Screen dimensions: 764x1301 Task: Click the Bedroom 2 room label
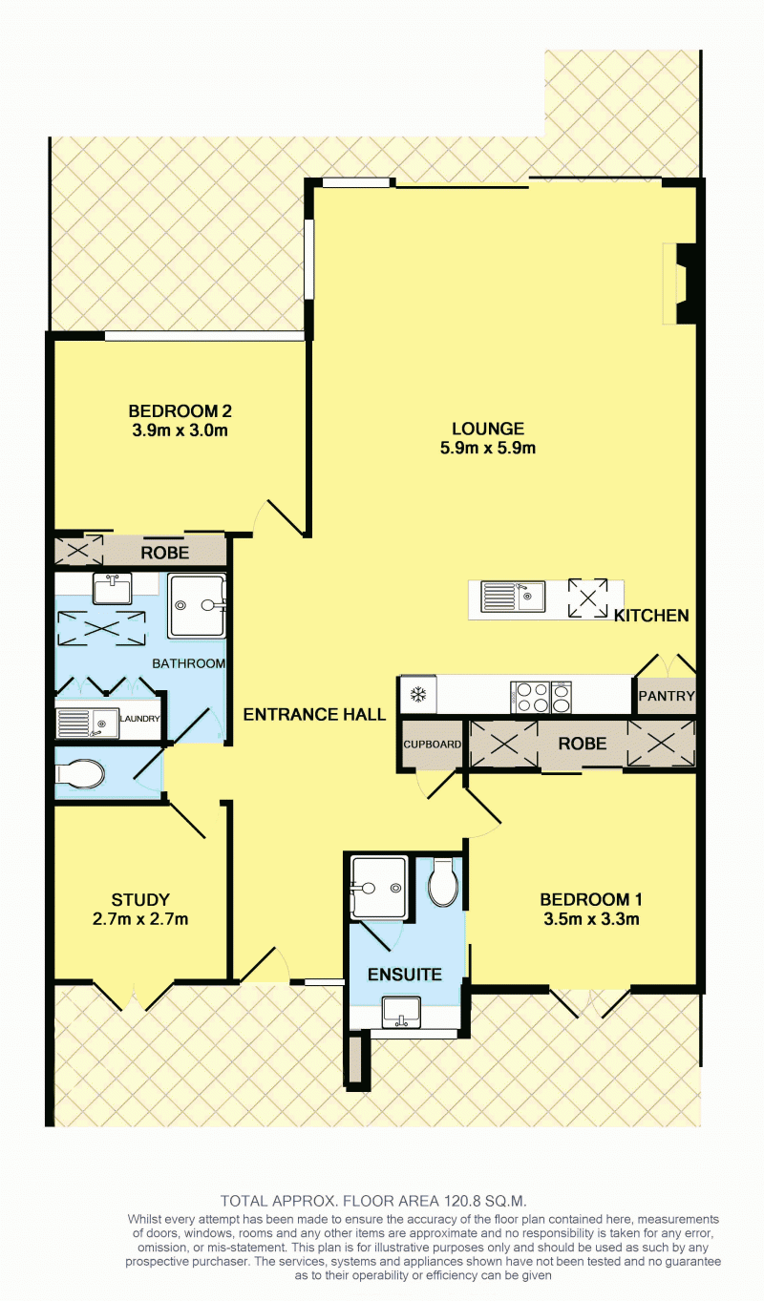(x=180, y=411)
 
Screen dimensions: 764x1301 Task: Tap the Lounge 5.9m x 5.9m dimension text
(x=488, y=449)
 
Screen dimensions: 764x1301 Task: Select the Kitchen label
(x=651, y=616)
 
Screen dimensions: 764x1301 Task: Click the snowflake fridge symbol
(x=417, y=694)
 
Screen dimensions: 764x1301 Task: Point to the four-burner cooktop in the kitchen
(x=530, y=697)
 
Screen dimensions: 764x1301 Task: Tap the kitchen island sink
(x=513, y=596)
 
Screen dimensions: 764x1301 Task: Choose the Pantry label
(x=667, y=695)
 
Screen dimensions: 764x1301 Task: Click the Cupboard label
(x=433, y=744)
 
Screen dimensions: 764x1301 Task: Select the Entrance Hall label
(x=314, y=714)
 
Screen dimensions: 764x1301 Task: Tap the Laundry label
(x=139, y=719)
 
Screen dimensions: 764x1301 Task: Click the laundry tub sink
(x=87, y=724)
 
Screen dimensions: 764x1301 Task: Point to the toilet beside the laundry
(x=80, y=774)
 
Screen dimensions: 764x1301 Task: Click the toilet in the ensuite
(x=443, y=882)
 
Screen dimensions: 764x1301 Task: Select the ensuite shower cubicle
(x=378, y=887)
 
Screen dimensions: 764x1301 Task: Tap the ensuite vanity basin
(x=401, y=1013)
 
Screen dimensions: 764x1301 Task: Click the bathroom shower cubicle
(x=197, y=606)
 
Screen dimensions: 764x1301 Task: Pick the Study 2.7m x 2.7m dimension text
(x=140, y=919)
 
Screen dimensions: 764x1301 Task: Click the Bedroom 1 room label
(x=591, y=900)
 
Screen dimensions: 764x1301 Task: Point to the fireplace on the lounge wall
(x=680, y=283)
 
